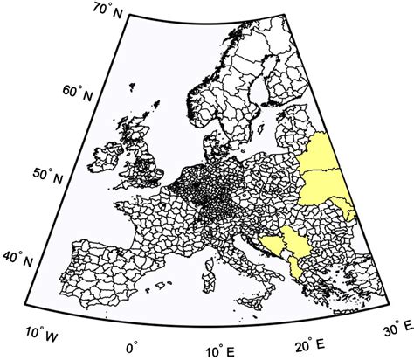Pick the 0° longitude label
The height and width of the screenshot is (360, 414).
click(133, 348)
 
